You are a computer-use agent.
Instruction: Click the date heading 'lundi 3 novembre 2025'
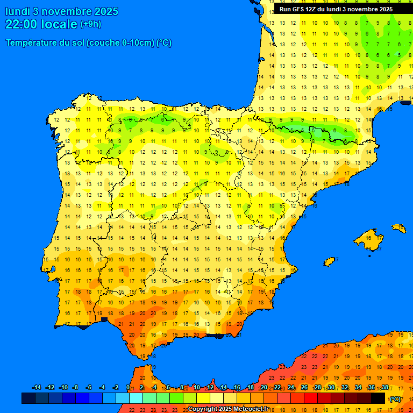pyautogui.click(x=62, y=11)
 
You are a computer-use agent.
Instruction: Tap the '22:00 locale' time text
pyautogui.click(x=41, y=24)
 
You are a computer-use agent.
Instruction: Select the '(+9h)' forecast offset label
pyautogui.click(x=90, y=24)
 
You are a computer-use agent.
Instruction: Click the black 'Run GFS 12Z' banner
pyautogui.click(x=336, y=9)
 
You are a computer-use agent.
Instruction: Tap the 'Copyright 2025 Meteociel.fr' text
pyautogui.click(x=229, y=409)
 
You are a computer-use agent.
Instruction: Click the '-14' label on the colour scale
pyautogui.click(x=37, y=388)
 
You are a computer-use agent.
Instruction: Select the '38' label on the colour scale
pyautogui.click(x=385, y=388)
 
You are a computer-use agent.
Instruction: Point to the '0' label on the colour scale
pyautogui.click(x=127, y=388)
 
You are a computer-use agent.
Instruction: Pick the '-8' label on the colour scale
pyautogui.click(x=75, y=388)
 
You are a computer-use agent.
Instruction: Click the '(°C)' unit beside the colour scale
pyautogui.click(x=395, y=399)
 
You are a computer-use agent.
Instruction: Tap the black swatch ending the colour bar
pyautogui.click(x=378, y=398)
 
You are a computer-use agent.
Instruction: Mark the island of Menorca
pyautogui.click(x=399, y=229)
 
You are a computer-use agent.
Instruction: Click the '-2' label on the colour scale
pyautogui.click(x=115, y=388)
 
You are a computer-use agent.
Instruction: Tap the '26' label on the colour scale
pyautogui.click(x=304, y=388)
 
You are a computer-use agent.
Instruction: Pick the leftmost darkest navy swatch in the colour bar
pyautogui.click(x=29, y=398)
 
